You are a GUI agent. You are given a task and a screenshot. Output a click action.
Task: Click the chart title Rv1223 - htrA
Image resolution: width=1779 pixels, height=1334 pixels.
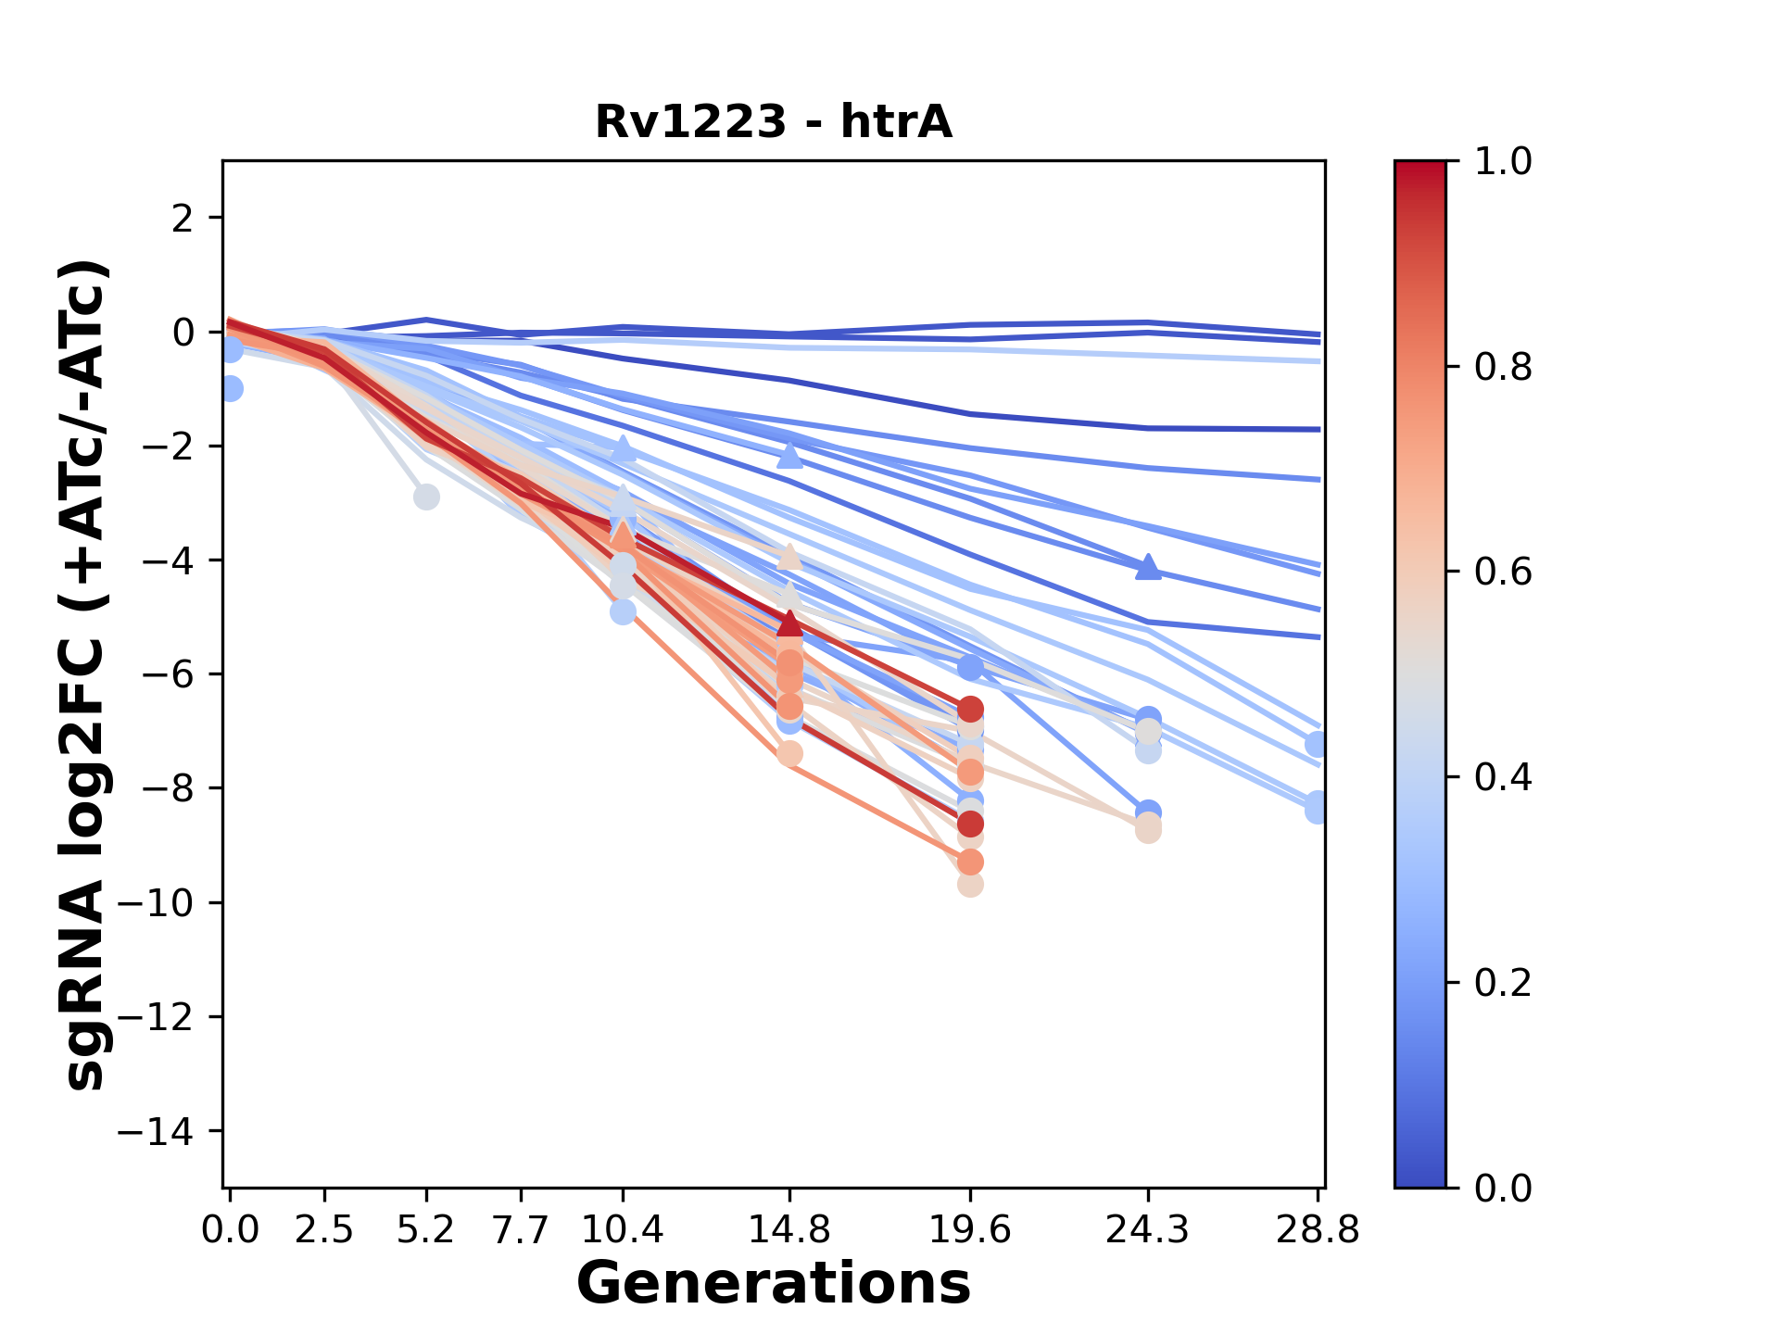click(x=774, y=121)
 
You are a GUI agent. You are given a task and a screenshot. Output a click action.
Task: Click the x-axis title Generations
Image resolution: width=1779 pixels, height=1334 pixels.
click(x=774, y=1283)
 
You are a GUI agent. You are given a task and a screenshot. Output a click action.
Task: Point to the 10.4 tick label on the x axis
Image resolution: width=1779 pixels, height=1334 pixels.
click(x=623, y=1229)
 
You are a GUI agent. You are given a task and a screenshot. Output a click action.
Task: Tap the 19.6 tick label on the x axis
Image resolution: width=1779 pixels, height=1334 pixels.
click(x=970, y=1229)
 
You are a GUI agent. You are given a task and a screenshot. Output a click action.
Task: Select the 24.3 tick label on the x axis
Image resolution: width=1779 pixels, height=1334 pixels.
click(x=1148, y=1229)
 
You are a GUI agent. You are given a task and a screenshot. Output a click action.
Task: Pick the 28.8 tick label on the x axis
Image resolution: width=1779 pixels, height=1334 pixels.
click(x=1318, y=1229)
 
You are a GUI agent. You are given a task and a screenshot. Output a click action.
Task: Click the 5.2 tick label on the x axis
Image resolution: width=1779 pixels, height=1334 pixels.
click(x=425, y=1229)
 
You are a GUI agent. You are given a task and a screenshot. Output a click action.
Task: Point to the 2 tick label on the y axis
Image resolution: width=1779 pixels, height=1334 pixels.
click(x=183, y=218)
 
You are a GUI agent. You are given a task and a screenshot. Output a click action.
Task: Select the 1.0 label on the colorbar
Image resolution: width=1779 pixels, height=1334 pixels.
click(x=1503, y=161)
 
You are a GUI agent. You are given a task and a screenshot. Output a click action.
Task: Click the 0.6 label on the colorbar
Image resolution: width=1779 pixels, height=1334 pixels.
click(x=1503, y=572)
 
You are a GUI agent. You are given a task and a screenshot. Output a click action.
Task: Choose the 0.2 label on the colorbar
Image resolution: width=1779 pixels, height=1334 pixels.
click(x=1503, y=982)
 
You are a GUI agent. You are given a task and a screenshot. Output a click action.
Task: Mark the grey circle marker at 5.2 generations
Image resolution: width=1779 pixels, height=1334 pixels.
click(x=426, y=497)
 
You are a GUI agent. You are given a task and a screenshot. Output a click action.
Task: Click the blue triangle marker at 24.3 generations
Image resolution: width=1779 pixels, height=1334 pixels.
click(x=1148, y=566)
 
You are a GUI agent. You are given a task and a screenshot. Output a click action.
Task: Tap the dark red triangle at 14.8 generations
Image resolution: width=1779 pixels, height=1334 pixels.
click(x=789, y=623)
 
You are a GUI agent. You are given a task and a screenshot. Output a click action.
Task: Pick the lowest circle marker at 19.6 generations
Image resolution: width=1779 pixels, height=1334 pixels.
click(x=970, y=885)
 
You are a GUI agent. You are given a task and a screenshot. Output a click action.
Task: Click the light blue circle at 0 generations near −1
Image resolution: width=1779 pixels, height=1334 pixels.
click(x=231, y=389)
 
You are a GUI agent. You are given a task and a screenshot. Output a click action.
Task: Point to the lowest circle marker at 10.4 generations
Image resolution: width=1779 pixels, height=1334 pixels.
click(x=623, y=611)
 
